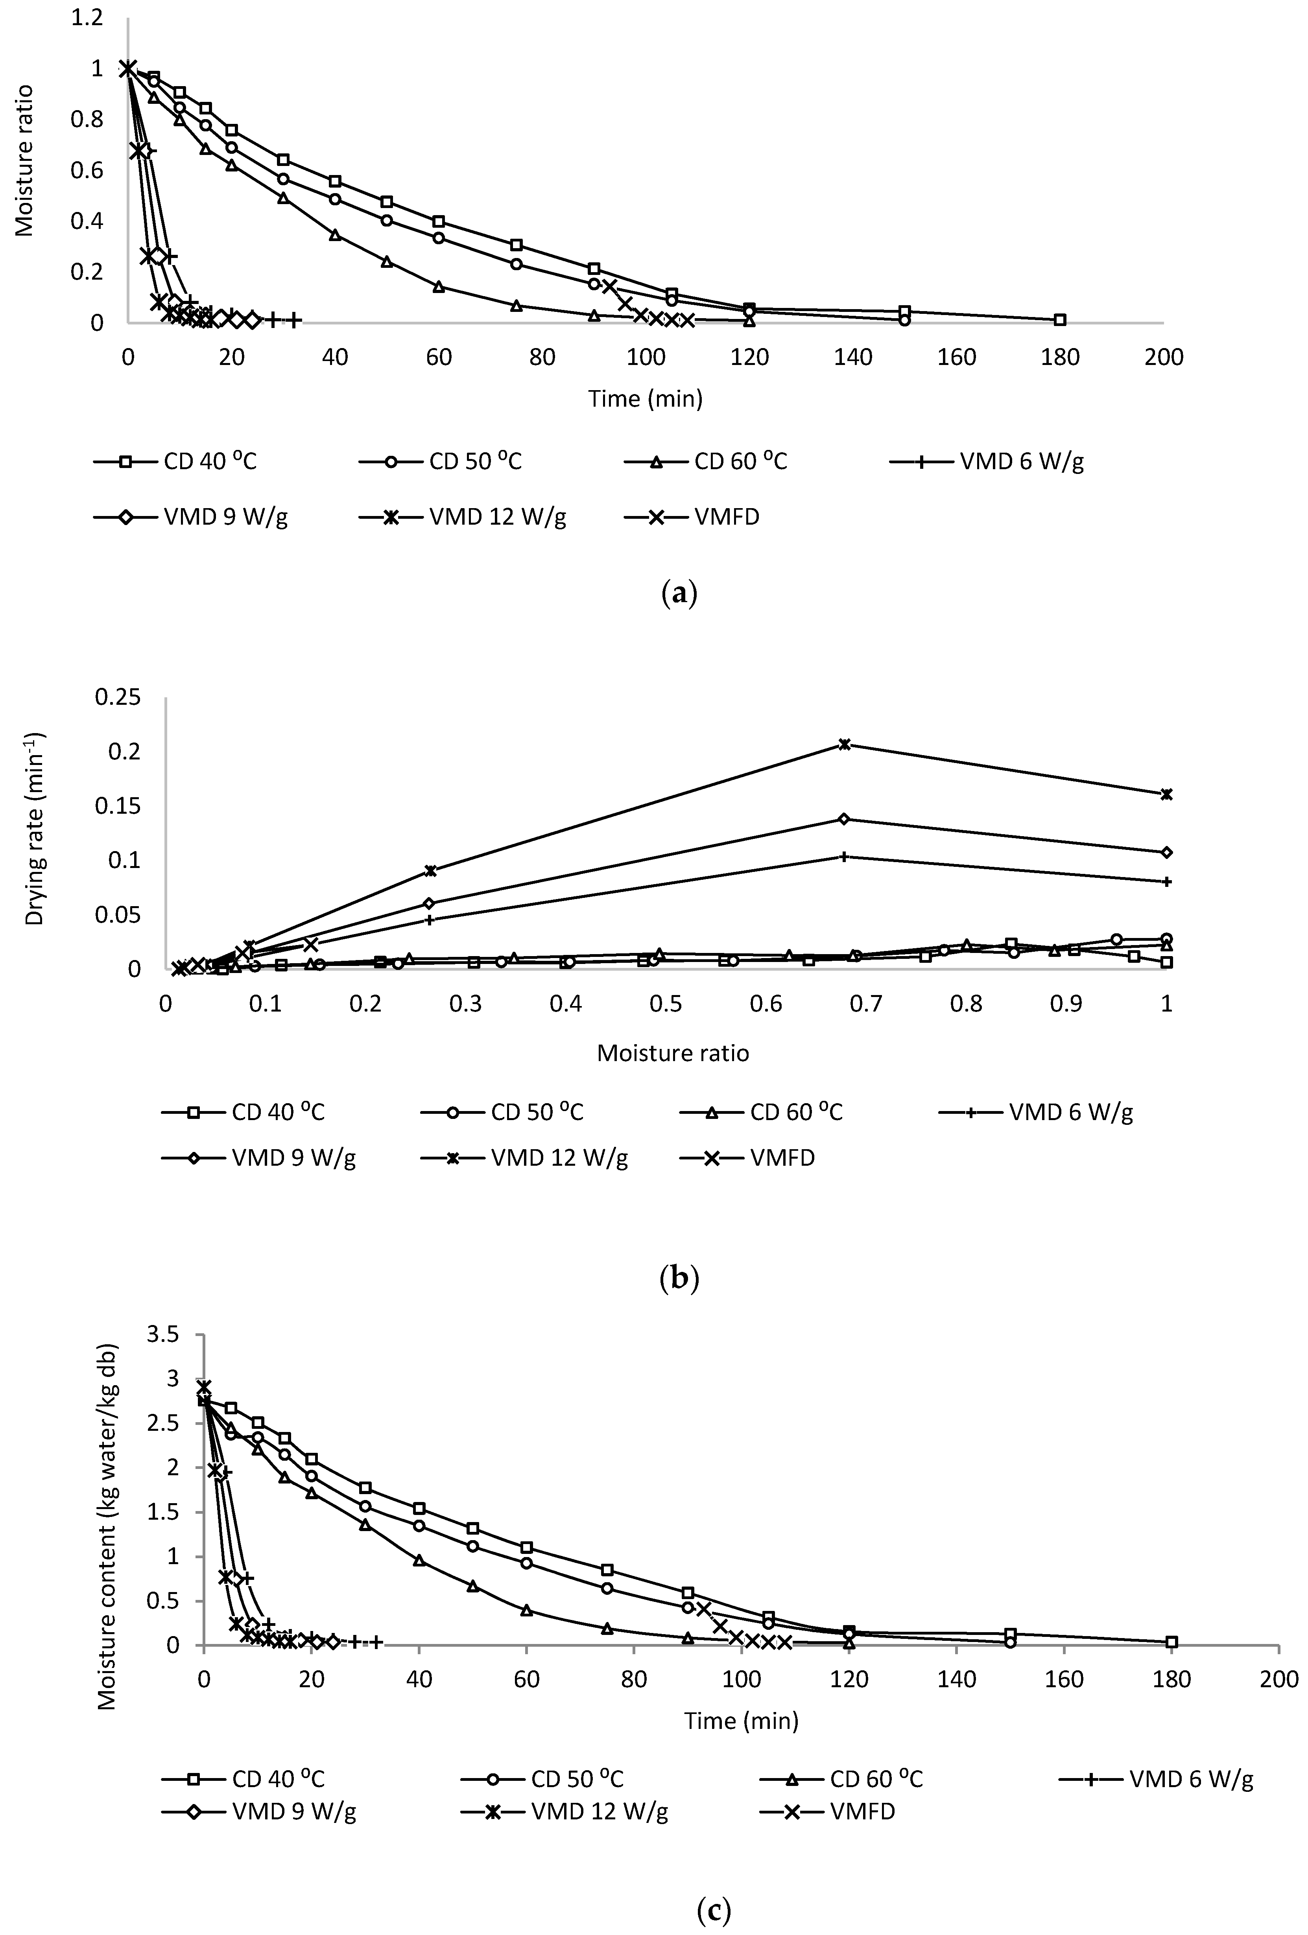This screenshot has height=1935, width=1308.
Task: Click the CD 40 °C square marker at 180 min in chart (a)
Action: pos(1060,320)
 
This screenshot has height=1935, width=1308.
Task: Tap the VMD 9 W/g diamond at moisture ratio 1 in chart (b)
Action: pos(1166,852)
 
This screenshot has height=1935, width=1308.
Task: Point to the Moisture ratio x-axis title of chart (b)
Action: pos(673,1053)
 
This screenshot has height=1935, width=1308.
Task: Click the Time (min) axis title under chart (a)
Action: pos(645,399)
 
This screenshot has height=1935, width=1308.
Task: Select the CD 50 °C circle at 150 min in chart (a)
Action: pos(904,320)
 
